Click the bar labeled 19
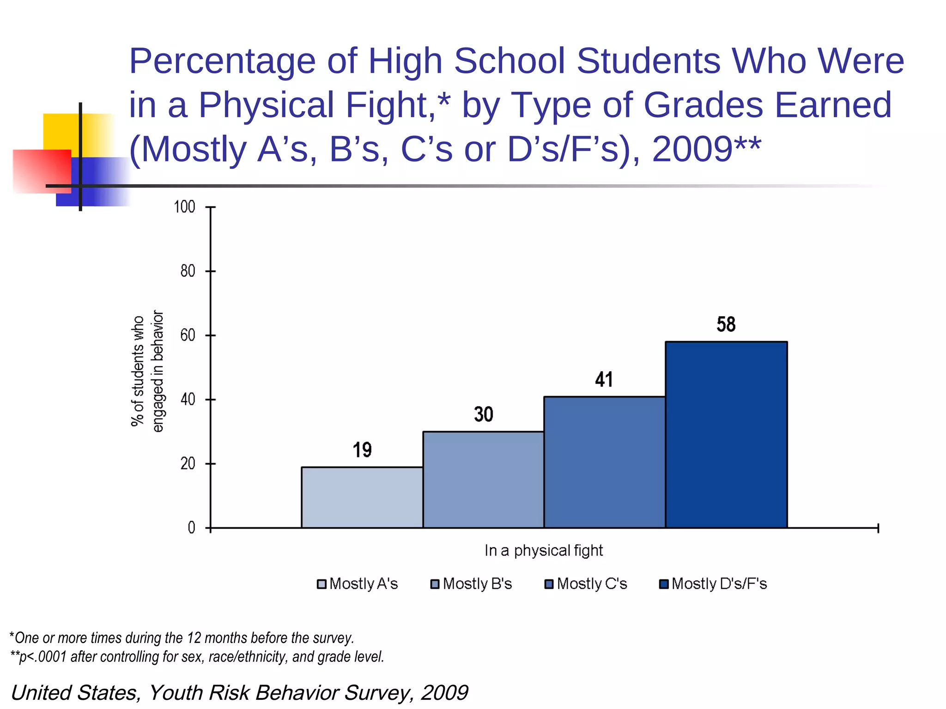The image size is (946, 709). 362,497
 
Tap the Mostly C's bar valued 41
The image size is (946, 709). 604,462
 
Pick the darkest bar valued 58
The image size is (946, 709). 726,434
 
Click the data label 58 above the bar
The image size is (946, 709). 726,324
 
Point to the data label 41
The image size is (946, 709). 604,379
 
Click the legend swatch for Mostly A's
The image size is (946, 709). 321,584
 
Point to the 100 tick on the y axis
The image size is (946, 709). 184,207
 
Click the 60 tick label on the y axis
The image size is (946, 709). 188,335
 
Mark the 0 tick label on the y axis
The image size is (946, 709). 191,528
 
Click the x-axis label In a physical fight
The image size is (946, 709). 544,551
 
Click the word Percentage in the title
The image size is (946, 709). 222,61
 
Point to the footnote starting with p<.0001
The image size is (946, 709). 197,657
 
